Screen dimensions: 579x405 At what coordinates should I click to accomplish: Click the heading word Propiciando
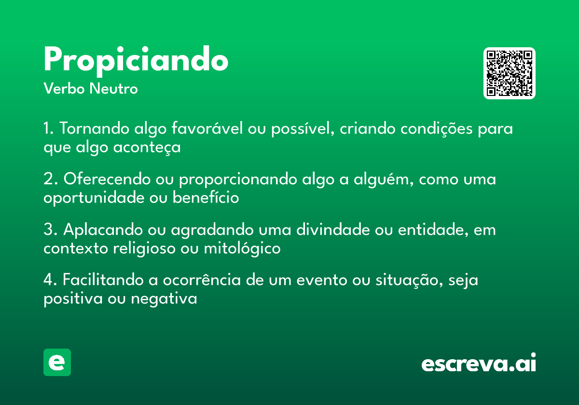coord(136,61)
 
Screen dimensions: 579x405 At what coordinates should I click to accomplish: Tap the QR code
coord(509,73)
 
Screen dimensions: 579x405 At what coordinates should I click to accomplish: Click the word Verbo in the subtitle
coord(64,88)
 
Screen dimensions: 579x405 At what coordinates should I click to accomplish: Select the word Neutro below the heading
coord(113,88)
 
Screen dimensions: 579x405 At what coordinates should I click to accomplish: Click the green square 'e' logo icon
coord(57,362)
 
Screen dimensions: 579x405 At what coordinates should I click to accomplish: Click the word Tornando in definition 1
coord(95,128)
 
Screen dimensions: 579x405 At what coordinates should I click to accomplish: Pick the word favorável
coord(207,128)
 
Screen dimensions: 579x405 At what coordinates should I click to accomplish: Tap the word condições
coord(437,129)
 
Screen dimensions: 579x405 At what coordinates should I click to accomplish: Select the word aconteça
coord(147,148)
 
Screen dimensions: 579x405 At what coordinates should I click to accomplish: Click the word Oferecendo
coord(107,179)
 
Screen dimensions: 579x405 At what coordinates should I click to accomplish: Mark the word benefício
coord(206,197)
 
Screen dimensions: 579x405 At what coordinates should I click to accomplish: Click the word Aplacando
coord(103,229)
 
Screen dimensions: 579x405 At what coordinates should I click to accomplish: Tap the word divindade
coord(333,229)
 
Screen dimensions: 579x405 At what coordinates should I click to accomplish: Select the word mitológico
coord(242,248)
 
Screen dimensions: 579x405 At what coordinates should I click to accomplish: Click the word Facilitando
coord(103,280)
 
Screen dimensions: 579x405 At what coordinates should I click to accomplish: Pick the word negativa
coord(164,299)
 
